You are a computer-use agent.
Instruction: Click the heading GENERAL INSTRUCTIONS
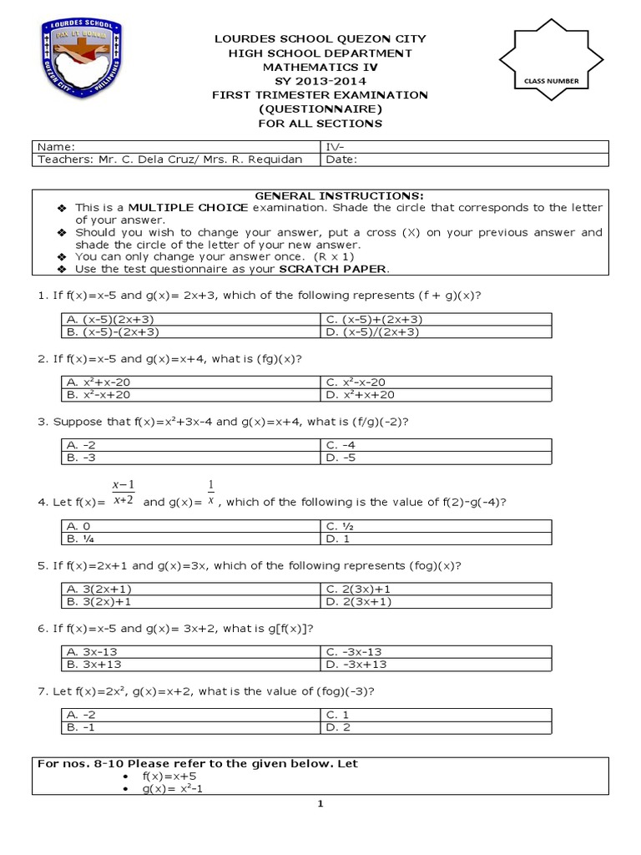320,195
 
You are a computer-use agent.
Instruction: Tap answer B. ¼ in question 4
78,539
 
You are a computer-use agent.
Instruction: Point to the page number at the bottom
320,805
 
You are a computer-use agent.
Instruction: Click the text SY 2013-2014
320,81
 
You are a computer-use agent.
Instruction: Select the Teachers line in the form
175,159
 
